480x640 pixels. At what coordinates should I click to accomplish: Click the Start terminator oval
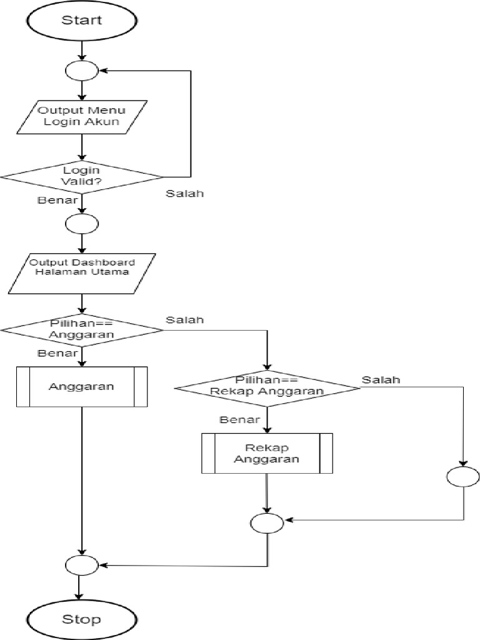click(x=81, y=20)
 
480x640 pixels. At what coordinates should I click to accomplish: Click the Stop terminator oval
click(x=81, y=619)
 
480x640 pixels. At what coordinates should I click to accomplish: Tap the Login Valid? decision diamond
click(x=81, y=176)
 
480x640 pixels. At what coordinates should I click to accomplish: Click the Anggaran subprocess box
click(x=81, y=386)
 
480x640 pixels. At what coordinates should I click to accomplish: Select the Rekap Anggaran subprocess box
click(x=267, y=453)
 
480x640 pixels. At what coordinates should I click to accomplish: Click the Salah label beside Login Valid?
click(x=185, y=193)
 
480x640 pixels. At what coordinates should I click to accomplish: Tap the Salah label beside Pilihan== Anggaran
click(x=185, y=320)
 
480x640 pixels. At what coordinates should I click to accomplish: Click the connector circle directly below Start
click(x=82, y=71)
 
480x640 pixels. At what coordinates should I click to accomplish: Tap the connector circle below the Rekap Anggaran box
click(x=267, y=522)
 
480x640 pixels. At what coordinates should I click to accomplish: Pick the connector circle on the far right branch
click(x=463, y=477)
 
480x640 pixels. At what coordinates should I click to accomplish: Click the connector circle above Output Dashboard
click(x=82, y=222)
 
